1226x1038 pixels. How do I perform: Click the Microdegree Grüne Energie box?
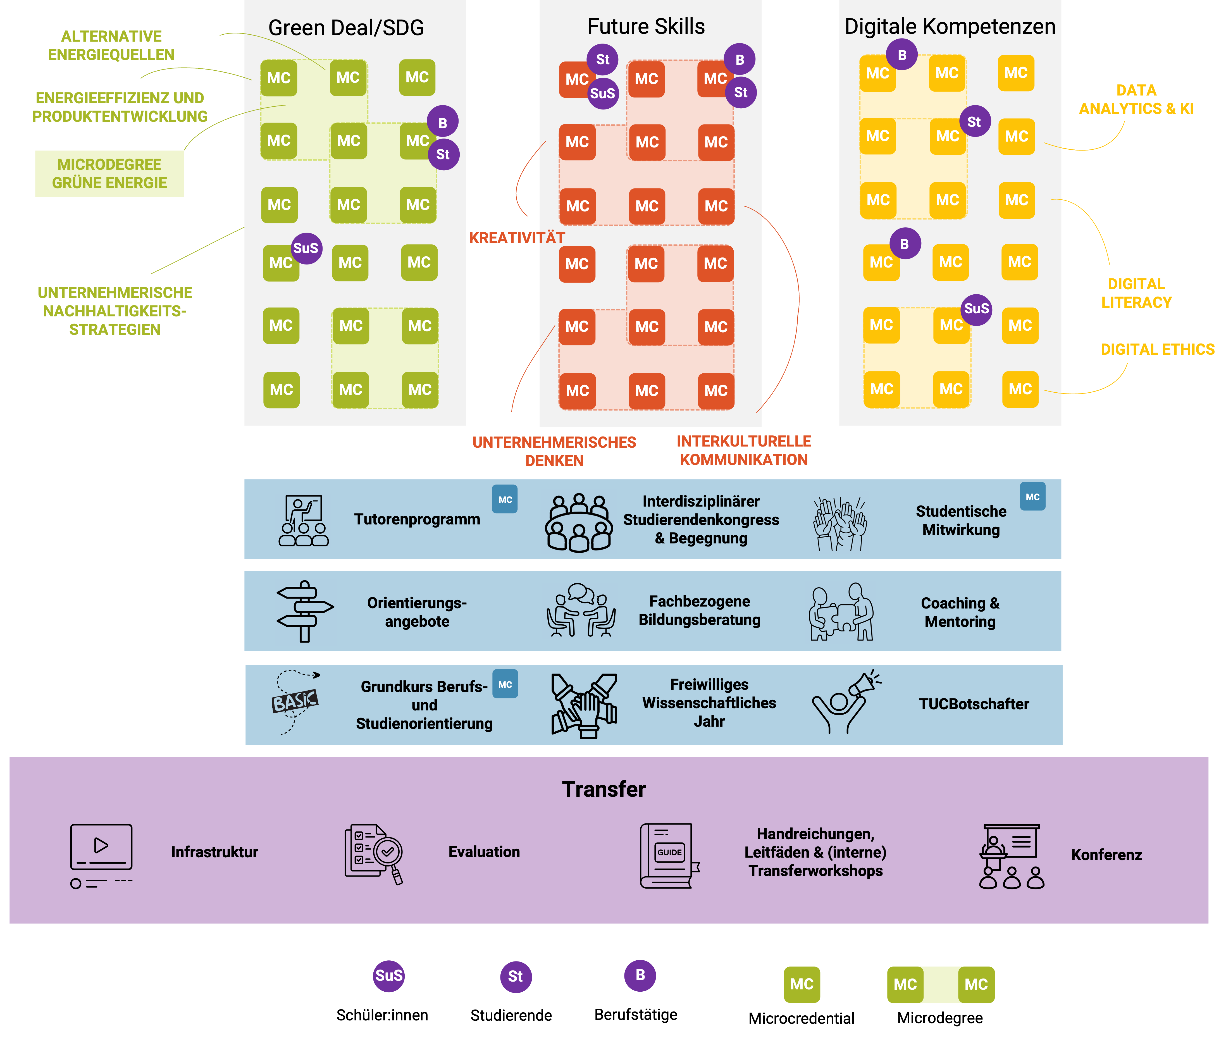[x=109, y=174]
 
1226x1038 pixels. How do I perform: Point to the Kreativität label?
[x=517, y=238]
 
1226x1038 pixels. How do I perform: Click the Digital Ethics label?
[x=1157, y=350]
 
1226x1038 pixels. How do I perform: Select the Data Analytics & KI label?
[x=1136, y=99]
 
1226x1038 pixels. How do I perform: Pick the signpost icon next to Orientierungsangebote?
[x=304, y=611]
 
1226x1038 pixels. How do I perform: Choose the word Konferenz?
[x=1106, y=855]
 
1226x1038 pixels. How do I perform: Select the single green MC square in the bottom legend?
[x=802, y=984]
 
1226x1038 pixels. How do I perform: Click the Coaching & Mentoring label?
[x=960, y=612]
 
